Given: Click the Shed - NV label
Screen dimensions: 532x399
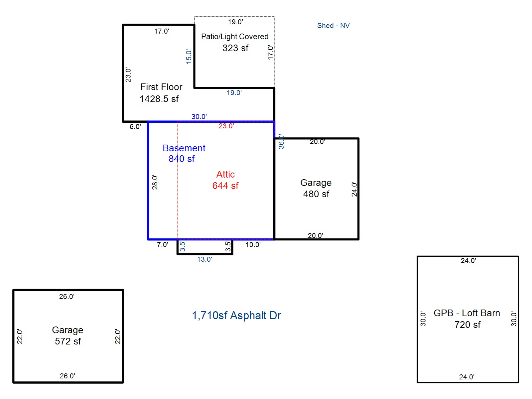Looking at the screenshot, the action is pos(333,26).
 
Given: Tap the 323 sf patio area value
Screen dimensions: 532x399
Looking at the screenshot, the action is pos(235,48).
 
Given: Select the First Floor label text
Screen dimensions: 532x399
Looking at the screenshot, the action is pos(161,87).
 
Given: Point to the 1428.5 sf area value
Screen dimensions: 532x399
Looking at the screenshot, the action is pos(159,99).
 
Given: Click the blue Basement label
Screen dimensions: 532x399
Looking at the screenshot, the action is pos(184,148).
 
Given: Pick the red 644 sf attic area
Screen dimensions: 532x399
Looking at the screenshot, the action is pos(225,186).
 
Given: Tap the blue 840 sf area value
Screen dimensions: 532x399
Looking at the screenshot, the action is pos(182,159).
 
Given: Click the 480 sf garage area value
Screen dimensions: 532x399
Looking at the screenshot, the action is pos(316,194).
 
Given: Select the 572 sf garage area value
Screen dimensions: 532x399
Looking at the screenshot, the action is pos(68,341).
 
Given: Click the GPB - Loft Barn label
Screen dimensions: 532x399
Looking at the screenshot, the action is pos(466,313).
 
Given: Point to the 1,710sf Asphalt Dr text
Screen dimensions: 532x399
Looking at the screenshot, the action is pos(236,316).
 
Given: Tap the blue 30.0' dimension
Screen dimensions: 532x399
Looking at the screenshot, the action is pos(199,116).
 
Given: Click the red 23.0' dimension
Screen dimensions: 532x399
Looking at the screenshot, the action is pos(226,126).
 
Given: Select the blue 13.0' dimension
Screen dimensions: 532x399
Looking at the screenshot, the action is pos(204,259).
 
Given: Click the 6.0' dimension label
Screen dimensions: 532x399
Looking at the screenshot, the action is pos(135,126).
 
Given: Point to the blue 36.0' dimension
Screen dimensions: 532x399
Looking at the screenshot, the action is pos(281,142).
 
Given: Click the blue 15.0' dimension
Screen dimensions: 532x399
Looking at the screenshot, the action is pos(189,57).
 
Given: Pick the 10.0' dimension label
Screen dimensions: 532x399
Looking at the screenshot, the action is pos(253,245).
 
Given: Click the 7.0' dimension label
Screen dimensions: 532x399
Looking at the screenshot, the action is pos(162,245).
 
